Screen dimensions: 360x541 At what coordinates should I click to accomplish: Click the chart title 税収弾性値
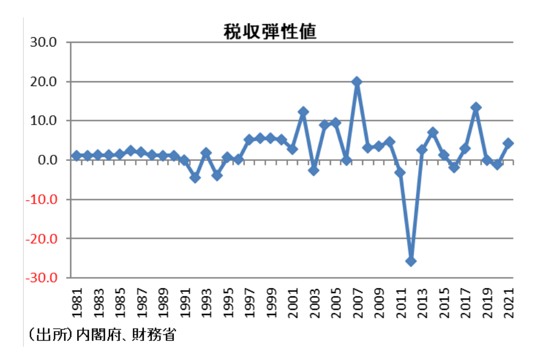pyautogui.click(x=270, y=32)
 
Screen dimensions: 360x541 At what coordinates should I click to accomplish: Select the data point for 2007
pyautogui.click(x=357, y=82)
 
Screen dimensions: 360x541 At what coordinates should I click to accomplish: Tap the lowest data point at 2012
pyautogui.click(x=411, y=261)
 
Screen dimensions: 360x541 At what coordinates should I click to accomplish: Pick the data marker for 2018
pyautogui.click(x=476, y=108)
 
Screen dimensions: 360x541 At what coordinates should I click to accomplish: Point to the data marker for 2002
pyautogui.click(x=303, y=112)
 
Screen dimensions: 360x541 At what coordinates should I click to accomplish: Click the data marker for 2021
pyautogui.click(x=508, y=143)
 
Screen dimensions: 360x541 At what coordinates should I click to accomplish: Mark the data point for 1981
pyautogui.click(x=77, y=156)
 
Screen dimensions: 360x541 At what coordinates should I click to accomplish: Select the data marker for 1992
pyautogui.click(x=195, y=178)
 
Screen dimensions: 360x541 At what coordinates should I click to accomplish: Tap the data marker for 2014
pyautogui.click(x=432, y=132)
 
